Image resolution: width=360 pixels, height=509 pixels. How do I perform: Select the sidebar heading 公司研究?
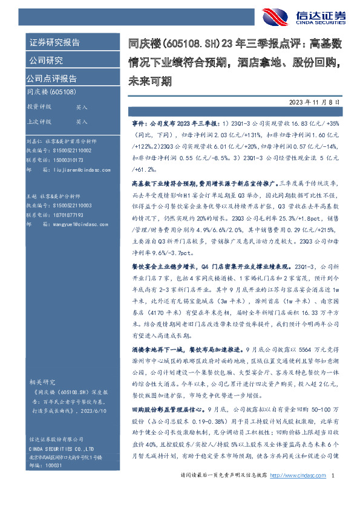(46, 60)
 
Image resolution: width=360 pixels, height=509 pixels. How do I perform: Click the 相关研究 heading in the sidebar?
(42, 382)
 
